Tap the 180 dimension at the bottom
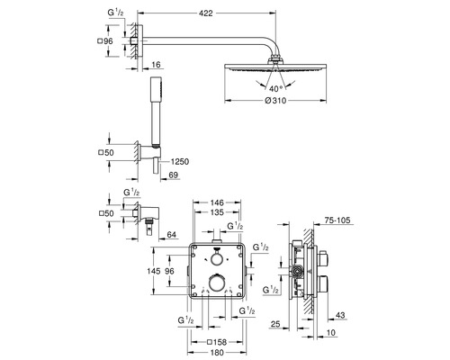(216, 354)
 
